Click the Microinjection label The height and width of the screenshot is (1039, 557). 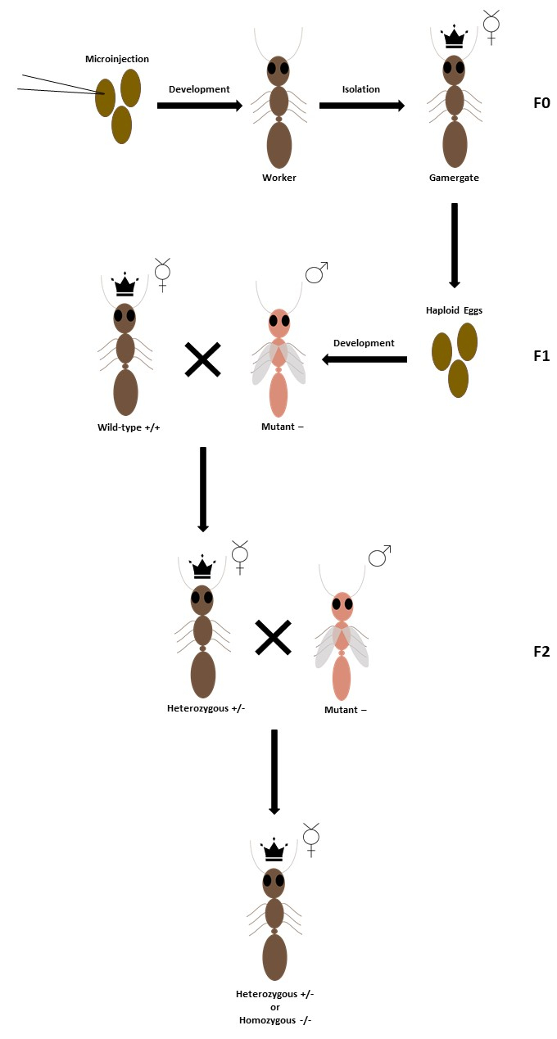(x=117, y=59)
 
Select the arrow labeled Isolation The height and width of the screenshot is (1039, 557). (x=361, y=106)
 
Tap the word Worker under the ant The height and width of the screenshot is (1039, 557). (x=278, y=177)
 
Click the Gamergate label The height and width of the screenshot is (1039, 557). (x=454, y=177)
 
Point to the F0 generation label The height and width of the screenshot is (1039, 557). (x=541, y=104)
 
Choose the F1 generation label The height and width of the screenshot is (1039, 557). (x=541, y=356)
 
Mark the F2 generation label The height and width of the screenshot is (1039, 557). (x=541, y=652)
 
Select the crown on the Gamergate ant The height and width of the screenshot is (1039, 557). (x=454, y=38)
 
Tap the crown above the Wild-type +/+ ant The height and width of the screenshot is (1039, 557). (x=125, y=286)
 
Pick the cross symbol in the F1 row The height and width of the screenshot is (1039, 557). (x=202, y=359)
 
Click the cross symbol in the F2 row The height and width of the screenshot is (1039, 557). (x=274, y=638)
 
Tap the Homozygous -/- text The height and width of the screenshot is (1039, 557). (x=274, y=1020)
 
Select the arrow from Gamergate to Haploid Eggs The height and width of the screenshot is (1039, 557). (x=455, y=245)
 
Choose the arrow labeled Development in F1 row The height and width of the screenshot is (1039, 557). (x=365, y=359)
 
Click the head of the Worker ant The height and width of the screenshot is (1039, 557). (x=278, y=70)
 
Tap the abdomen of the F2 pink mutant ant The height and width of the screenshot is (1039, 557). (x=341, y=677)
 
